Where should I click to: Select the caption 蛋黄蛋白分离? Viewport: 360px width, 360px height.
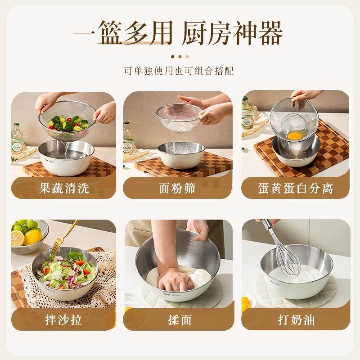295,188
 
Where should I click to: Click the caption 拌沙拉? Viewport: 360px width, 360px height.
63,320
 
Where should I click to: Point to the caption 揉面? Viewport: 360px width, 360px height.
179,320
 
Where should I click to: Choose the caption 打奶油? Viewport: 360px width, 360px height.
296,320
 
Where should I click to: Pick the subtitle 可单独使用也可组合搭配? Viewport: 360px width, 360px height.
179,71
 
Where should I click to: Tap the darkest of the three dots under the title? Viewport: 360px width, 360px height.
172,57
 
